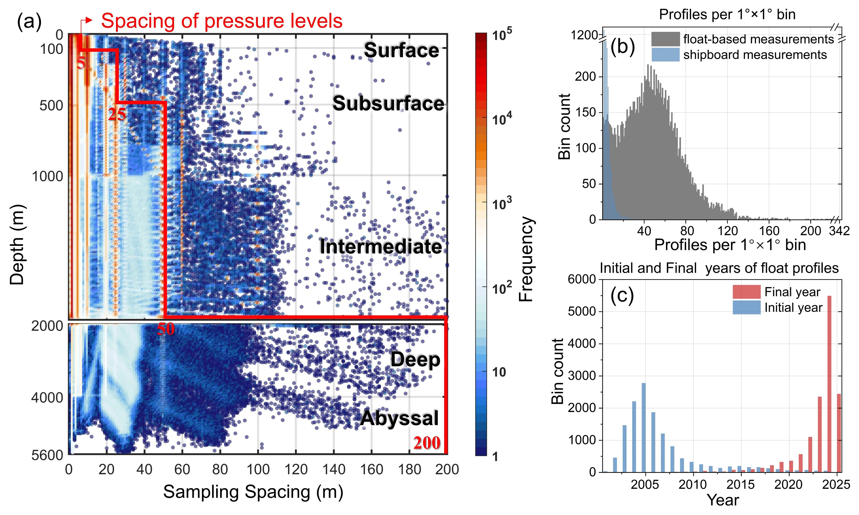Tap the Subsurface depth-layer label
click(388, 104)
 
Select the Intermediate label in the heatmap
click(381, 247)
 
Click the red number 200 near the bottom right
click(427, 443)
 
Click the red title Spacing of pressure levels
click(222, 21)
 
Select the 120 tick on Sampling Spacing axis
click(296, 469)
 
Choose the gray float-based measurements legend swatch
click(665, 39)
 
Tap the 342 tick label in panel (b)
click(839, 231)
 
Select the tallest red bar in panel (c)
click(829, 384)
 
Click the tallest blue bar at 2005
click(644, 428)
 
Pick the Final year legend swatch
click(746, 292)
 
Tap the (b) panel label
click(622, 47)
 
